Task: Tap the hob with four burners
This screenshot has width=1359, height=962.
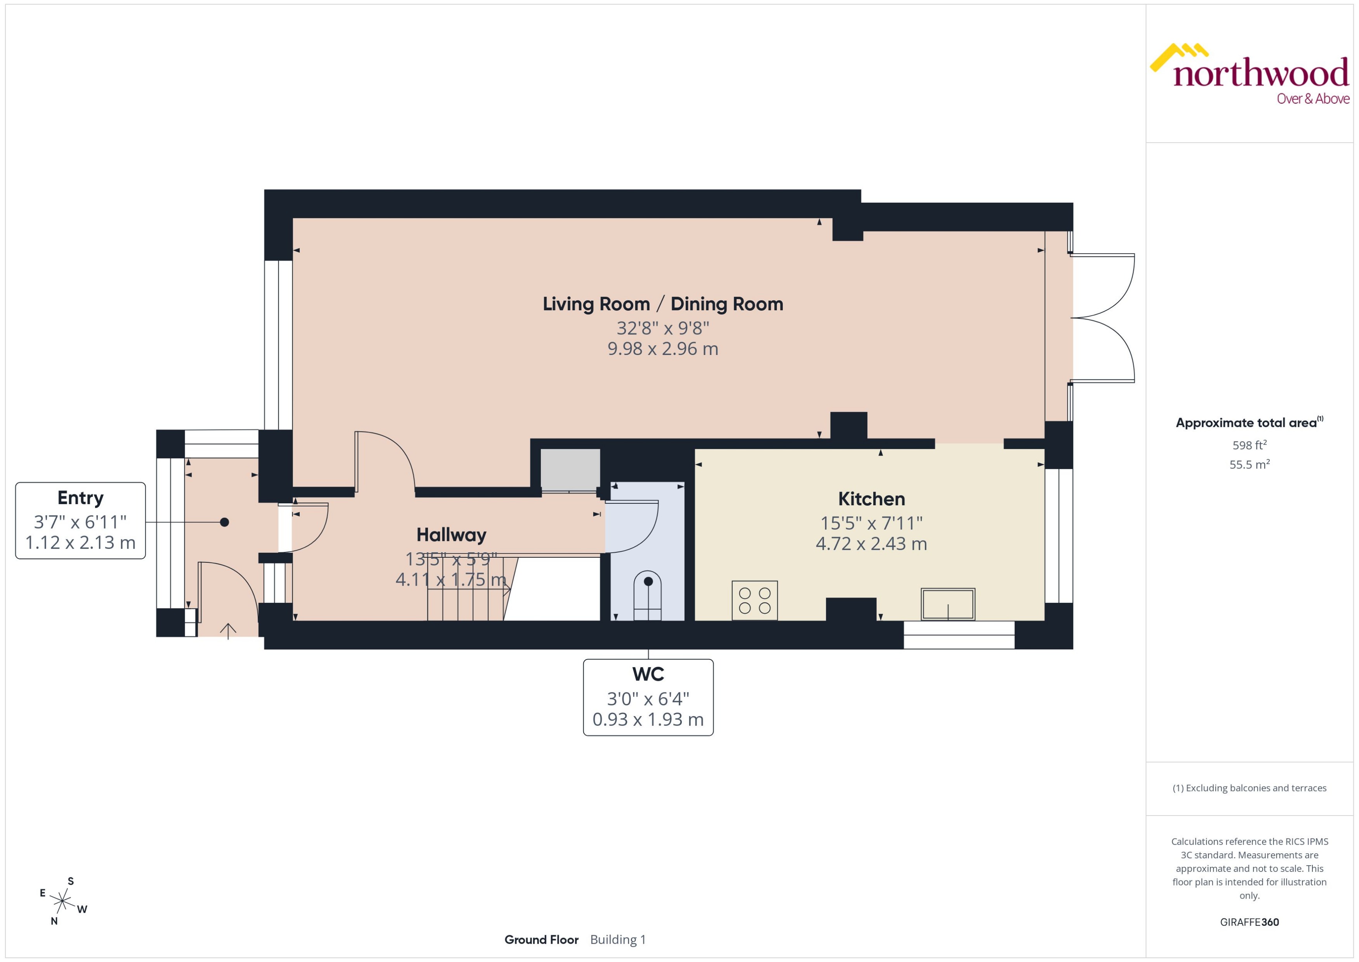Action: coord(754,600)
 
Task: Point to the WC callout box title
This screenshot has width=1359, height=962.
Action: coord(648,674)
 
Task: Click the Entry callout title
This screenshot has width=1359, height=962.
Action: coord(80,498)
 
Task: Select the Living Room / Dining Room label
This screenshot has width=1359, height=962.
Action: coord(663,304)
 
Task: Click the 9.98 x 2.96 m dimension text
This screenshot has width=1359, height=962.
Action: coord(663,349)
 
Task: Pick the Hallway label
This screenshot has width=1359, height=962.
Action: coord(451,534)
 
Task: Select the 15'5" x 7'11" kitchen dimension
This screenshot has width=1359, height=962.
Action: coord(871,523)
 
